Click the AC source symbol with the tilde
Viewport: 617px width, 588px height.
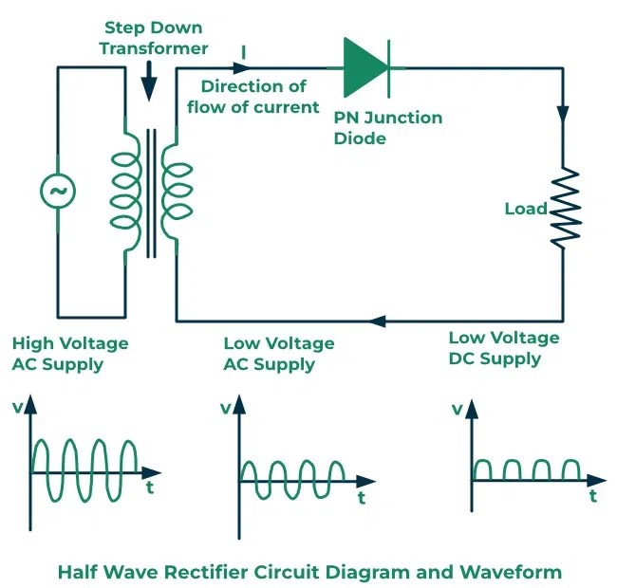coord(57,192)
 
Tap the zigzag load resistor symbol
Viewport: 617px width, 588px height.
coord(567,208)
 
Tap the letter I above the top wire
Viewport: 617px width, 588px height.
coord(244,52)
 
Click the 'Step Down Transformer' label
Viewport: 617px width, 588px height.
coord(149,38)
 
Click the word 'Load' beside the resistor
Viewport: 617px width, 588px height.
coord(525,208)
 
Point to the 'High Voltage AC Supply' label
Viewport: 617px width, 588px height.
coord(69,354)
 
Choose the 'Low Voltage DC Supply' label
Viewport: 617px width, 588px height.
coord(503,348)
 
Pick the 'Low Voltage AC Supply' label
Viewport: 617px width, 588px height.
coord(278,354)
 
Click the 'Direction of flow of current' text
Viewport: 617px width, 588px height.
coord(252,97)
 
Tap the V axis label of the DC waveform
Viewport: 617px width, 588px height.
coord(457,410)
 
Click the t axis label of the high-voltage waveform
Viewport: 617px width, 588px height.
coord(150,488)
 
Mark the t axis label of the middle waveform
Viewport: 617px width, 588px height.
coord(361,498)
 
